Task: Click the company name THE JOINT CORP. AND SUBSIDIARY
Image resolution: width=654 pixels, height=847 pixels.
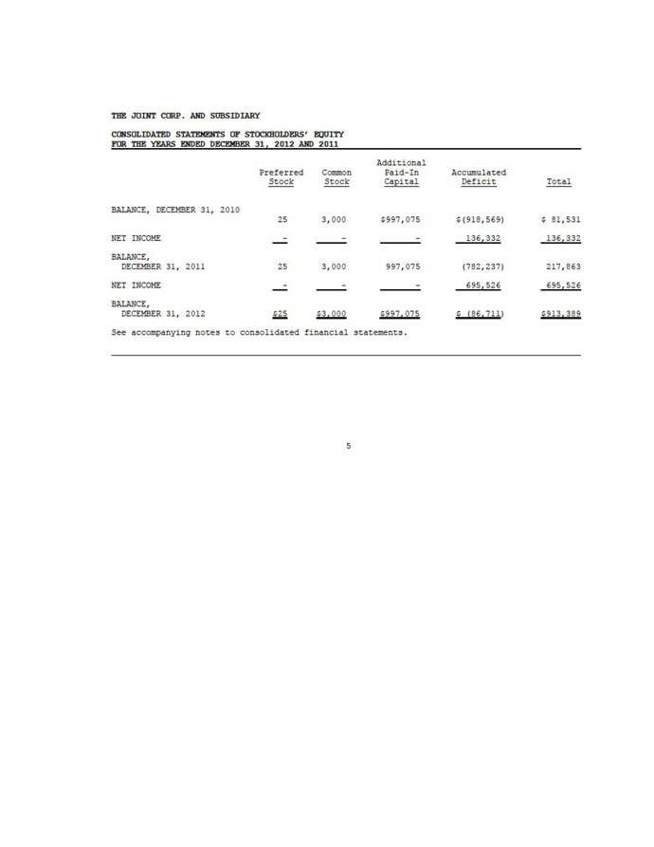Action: click(178, 116)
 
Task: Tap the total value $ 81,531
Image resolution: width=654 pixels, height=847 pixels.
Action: click(557, 219)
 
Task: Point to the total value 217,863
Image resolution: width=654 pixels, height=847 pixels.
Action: click(559, 268)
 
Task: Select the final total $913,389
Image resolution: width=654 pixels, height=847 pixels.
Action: click(557, 315)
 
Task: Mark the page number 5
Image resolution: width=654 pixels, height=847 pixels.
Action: click(348, 446)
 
